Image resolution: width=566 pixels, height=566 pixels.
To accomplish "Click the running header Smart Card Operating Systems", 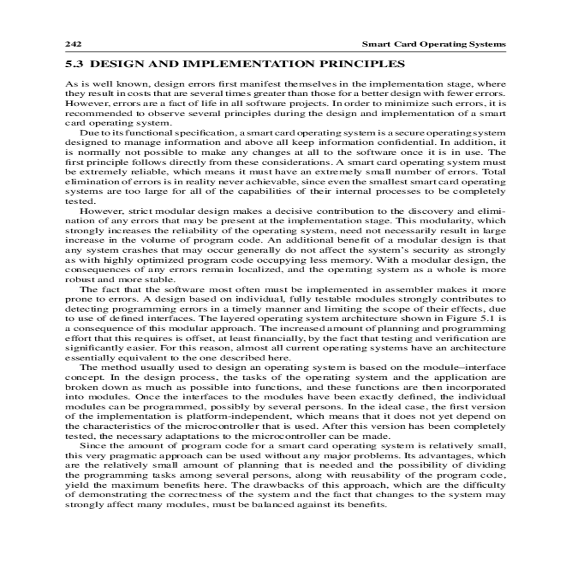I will (433, 44).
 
